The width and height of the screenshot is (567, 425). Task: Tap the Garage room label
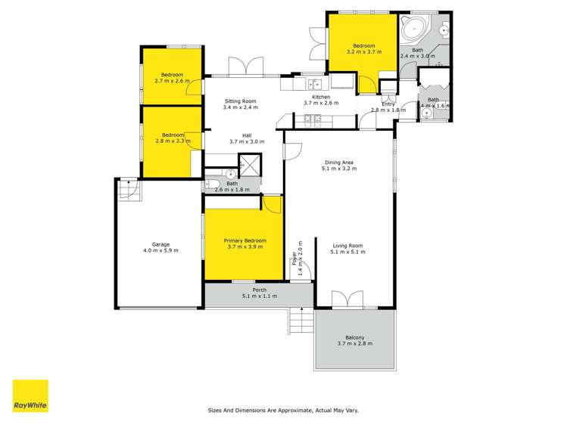[160, 244]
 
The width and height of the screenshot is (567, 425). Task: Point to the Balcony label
[355, 337]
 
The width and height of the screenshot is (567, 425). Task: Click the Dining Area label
[339, 163]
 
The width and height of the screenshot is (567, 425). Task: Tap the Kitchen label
[321, 97]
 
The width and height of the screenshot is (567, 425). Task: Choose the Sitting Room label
[240, 101]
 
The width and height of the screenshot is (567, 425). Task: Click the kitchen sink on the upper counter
[315, 83]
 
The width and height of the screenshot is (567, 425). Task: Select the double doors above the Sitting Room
[244, 67]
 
